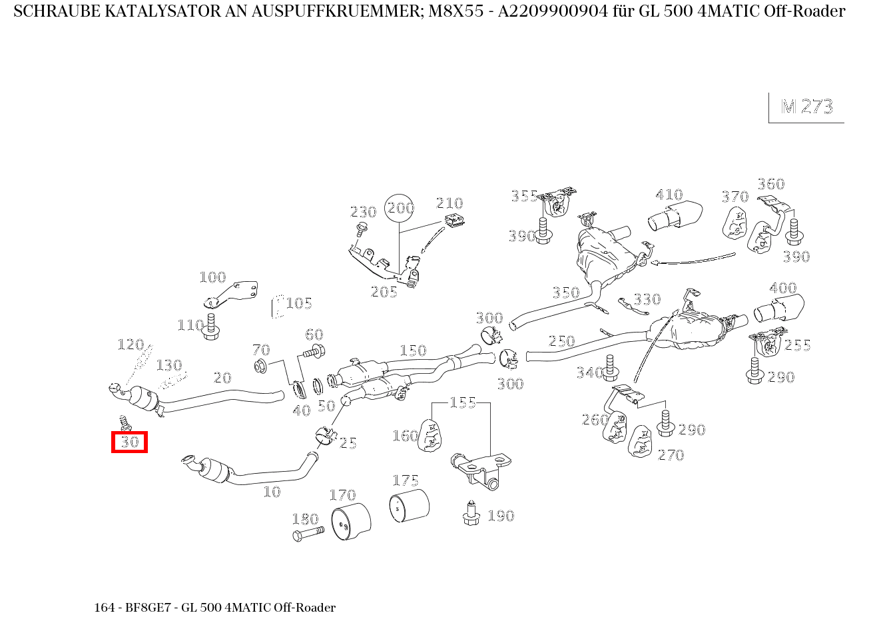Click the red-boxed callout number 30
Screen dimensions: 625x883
(129, 442)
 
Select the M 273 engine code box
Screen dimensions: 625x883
(806, 107)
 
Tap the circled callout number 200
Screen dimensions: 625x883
(400, 209)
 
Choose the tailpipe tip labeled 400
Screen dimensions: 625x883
(778, 310)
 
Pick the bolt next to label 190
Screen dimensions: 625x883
(471, 514)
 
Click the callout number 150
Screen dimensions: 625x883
(412, 350)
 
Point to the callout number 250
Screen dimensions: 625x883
(561, 341)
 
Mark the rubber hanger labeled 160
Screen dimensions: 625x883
(430, 436)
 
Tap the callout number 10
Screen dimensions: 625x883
(272, 492)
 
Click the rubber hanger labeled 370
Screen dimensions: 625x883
(735, 223)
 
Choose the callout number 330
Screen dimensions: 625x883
(646, 299)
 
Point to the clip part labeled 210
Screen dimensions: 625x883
(453, 220)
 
